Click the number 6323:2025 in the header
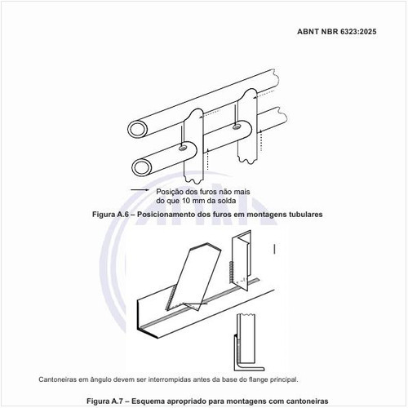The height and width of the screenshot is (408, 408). click(x=358, y=32)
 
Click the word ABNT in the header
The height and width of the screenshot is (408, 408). click(x=308, y=32)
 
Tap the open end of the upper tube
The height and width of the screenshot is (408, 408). click(x=138, y=130)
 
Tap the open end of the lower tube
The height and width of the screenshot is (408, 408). click(x=142, y=167)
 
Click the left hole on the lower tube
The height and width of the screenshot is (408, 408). click(x=183, y=148)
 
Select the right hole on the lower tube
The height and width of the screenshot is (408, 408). click(x=237, y=126)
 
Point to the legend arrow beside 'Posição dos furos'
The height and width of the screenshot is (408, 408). click(x=140, y=190)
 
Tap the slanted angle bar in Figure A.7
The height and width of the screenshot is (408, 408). click(x=193, y=276)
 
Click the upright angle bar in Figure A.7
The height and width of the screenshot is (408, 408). click(x=241, y=261)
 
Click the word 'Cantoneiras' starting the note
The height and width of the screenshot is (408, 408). click(x=57, y=379)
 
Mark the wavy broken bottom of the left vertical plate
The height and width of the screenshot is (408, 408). click(x=194, y=180)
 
